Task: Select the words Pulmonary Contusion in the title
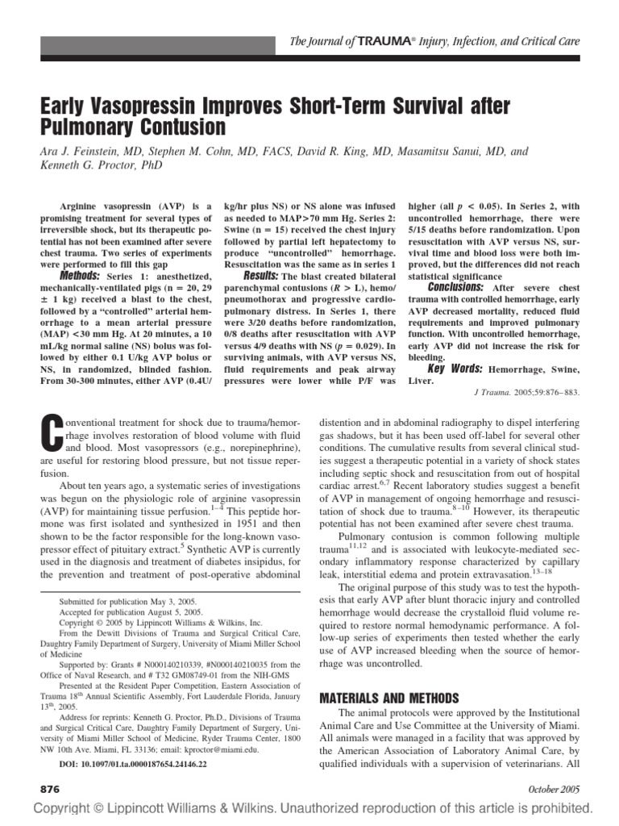pyautogui.click(x=133, y=127)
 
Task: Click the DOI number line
pyautogui.click(x=138, y=763)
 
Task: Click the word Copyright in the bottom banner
pyautogui.click(x=61, y=809)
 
